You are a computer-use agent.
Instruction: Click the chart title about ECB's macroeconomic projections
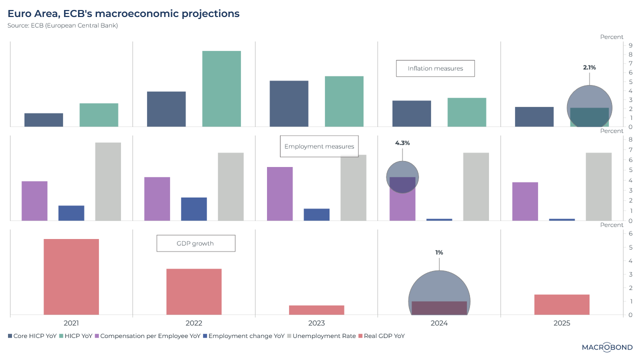point(123,13)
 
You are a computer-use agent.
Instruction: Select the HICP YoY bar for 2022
point(221,88)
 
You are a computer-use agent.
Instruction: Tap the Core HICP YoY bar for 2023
point(289,103)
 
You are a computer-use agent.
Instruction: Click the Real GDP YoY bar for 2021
point(71,276)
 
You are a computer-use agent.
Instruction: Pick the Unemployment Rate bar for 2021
point(108,181)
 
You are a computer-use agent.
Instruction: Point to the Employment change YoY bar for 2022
point(194,209)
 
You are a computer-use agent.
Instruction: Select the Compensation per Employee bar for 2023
point(280,193)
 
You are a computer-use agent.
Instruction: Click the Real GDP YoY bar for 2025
point(561,304)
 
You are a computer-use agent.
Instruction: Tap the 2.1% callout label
point(589,67)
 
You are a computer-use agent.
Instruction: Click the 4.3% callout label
point(402,143)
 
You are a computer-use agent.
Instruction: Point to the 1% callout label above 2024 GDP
point(439,252)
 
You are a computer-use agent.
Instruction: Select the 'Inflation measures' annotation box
point(435,68)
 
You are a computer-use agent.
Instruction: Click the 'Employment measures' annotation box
point(319,146)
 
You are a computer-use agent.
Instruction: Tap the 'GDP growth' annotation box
point(195,243)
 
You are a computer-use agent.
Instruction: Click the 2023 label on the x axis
point(316,323)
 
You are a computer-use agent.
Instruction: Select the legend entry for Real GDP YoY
point(382,336)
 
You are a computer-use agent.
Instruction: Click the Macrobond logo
point(607,347)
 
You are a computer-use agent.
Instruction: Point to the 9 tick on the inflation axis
point(631,45)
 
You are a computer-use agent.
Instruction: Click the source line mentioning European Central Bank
point(62,25)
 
